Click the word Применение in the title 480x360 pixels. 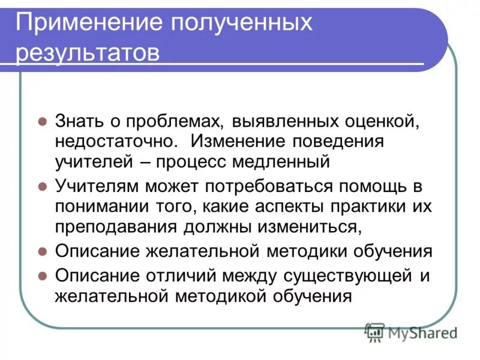pos(90,24)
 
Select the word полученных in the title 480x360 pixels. pos(244,24)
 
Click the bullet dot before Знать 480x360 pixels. pos(43,121)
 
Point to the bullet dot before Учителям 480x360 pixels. pos(43,186)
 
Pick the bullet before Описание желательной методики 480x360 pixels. pos(43,251)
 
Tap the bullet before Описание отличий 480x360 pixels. pos(43,276)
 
